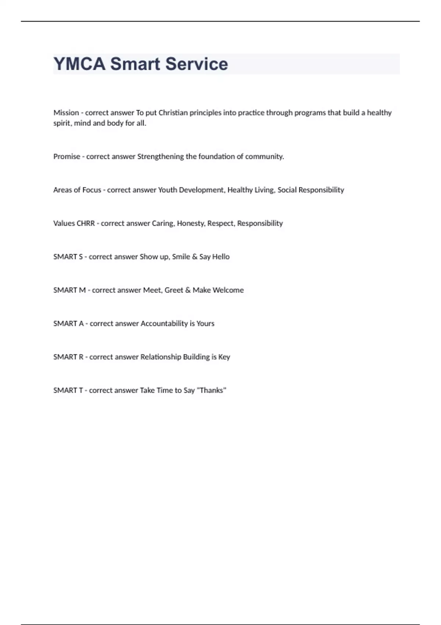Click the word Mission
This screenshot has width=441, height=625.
[66, 113]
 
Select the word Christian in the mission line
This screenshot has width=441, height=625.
[173, 113]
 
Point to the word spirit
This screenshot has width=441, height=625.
[62, 123]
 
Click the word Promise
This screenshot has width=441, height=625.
[67, 157]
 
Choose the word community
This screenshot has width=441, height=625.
[264, 157]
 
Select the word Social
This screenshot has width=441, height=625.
[287, 190]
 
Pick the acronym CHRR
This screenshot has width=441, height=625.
[85, 224]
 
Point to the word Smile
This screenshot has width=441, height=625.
[181, 257]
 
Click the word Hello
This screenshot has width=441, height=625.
[221, 257]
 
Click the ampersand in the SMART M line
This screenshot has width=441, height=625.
[188, 290]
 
